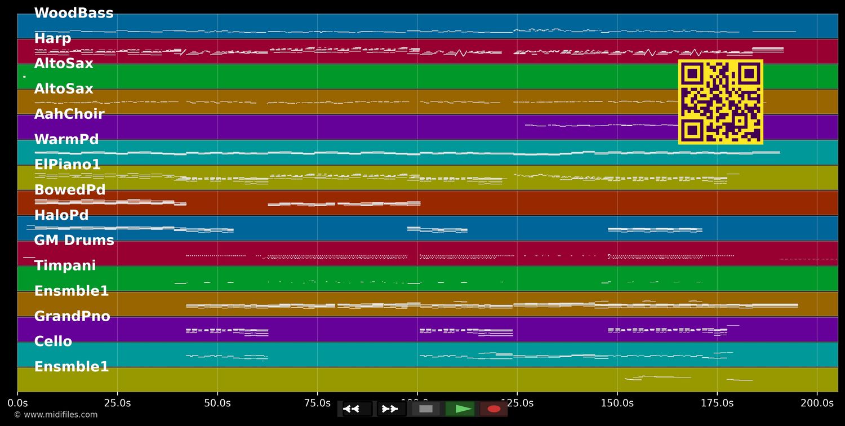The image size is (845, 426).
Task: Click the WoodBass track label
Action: tap(74, 13)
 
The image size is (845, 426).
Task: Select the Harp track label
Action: tap(52, 38)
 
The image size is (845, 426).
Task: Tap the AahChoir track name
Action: tap(69, 114)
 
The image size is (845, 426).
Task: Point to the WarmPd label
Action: tap(66, 139)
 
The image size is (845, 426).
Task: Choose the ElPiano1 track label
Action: tap(67, 165)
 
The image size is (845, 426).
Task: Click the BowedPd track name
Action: tap(70, 190)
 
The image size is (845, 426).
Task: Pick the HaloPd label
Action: tap(61, 215)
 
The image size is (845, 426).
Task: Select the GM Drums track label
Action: tap(74, 240)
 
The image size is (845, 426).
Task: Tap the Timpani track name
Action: tap(65, 265)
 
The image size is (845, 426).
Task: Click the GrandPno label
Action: tap(72, 316)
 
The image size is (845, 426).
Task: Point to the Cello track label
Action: tap(53, 341)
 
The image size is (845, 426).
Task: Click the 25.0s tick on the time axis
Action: tap(117, 403)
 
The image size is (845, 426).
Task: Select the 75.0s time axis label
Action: tap(317, 403)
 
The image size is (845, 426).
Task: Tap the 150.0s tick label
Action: tap(617, 403)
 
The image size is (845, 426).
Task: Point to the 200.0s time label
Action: tap(817, 403)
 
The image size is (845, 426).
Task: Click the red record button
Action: tap(493, 409)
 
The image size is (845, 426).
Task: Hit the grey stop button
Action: tap(426, 409)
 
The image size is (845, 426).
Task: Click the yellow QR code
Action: tap(721, 102)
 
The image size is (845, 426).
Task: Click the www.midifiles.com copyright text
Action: tap(55, 415)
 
